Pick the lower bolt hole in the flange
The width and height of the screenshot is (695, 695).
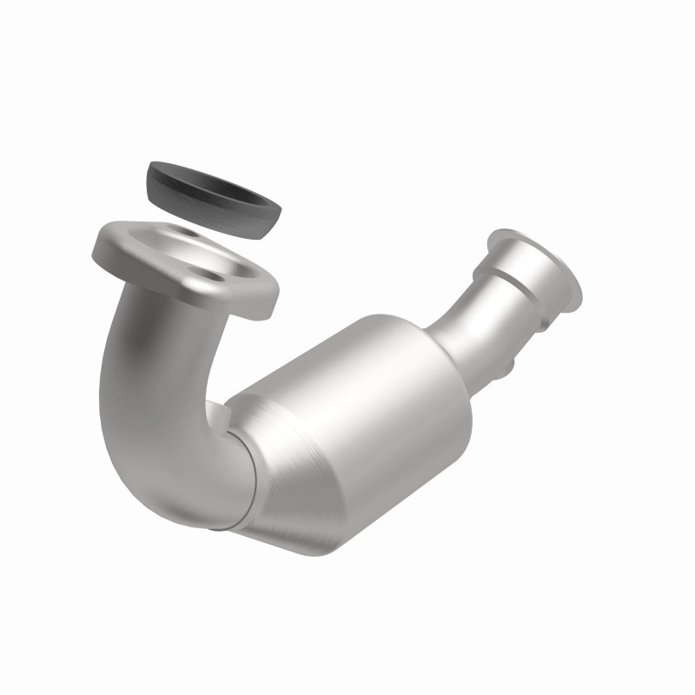pyautogui.click(x=213, y=278)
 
